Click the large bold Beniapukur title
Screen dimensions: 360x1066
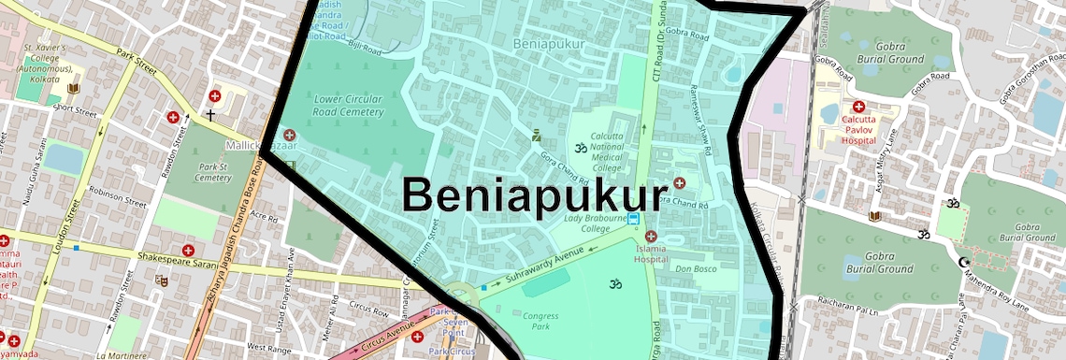pyautogui.click(x=526, y=194)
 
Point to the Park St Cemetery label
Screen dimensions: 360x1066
pyautogui.click(x=213, y=172)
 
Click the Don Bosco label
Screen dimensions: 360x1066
pyautogui.click(x=695, y=268)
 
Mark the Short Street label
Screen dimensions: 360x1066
pyautogui.click(x=75, y=108)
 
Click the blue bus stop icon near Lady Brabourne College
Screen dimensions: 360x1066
pyautogui.click(x=634, y=219)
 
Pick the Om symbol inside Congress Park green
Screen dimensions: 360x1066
pyautogui.click(x=615, y=283)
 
